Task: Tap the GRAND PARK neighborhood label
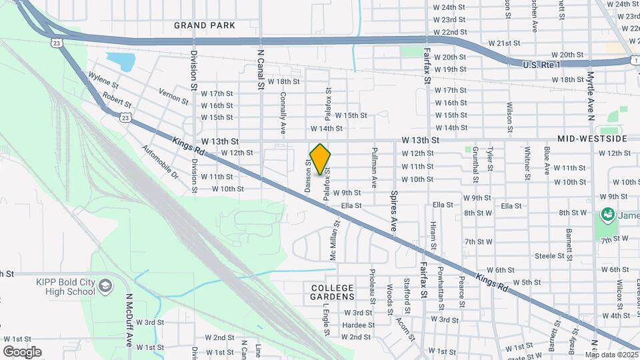pyautogui.click(x=205, y=25)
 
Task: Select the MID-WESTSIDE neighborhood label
pyautogui.click(x=593, y=139)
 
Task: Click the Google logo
pyautogui.click(x=22, y=351)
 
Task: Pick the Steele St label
pyautogui.click(x=550, y=256)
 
